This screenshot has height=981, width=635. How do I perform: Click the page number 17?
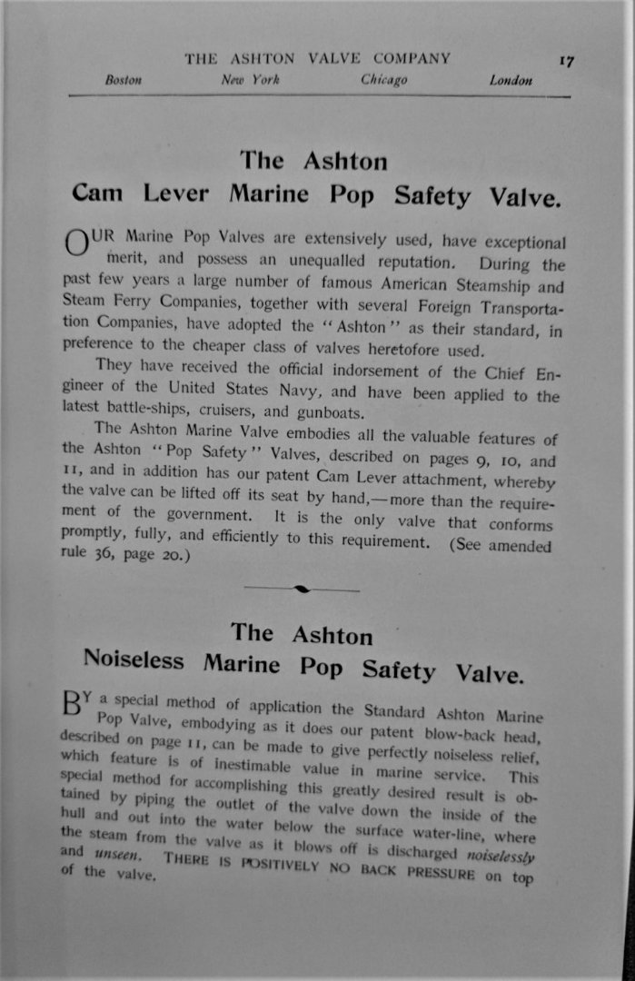point(566,62)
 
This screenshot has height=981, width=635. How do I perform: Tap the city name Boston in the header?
point(124,81)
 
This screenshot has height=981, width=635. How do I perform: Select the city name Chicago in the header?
point(383,81)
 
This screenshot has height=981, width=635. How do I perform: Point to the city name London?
point(511,81)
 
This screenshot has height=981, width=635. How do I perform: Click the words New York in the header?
point(250,81)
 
